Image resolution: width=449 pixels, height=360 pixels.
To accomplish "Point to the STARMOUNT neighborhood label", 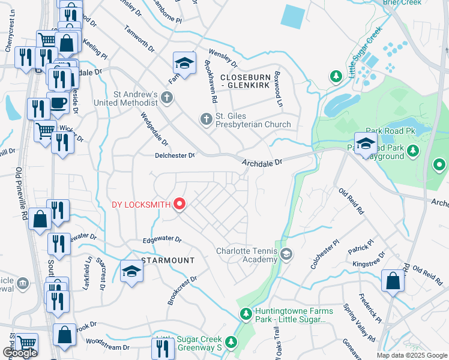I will coord(168,260).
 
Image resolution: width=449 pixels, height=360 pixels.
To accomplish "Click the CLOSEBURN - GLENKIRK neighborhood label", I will coord(251,82).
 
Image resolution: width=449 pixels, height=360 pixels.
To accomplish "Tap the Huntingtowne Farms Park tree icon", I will coord(246,314).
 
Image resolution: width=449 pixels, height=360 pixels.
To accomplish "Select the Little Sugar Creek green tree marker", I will coord(336,76).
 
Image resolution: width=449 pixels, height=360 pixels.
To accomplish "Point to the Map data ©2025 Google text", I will coord(411,355).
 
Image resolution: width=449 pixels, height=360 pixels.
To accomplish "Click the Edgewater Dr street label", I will coord(161,239).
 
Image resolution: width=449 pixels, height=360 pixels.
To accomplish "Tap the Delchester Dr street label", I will coord(175,155).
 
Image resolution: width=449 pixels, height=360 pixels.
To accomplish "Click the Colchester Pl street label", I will coord(325,255).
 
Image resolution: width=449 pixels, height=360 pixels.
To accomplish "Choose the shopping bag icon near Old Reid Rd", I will coord(393,281).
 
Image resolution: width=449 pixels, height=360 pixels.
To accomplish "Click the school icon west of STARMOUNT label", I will coord(131,271).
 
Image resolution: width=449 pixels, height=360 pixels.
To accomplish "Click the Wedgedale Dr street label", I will coord(154,130).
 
